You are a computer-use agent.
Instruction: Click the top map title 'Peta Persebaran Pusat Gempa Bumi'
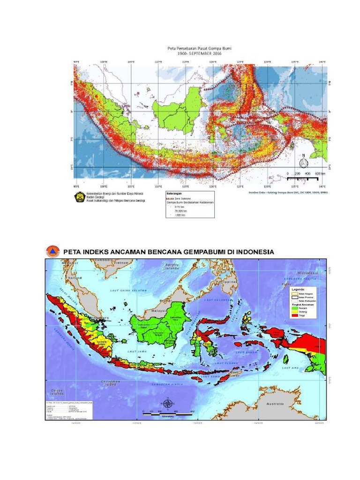click(x=200, y=48)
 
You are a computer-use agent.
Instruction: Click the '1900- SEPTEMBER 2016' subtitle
click(x=200, y=53)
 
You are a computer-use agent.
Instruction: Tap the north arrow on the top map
click(x=303, y=162)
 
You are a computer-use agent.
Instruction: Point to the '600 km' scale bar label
click(x=320, y=173)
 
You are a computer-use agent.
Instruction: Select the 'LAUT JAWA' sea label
click(x=136, y=350)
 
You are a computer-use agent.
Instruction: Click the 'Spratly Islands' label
click(x=172, y=267)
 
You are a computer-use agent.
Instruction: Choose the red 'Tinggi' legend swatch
click(x=295, y=315)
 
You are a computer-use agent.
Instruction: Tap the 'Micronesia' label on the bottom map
click(x=308, y=272)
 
